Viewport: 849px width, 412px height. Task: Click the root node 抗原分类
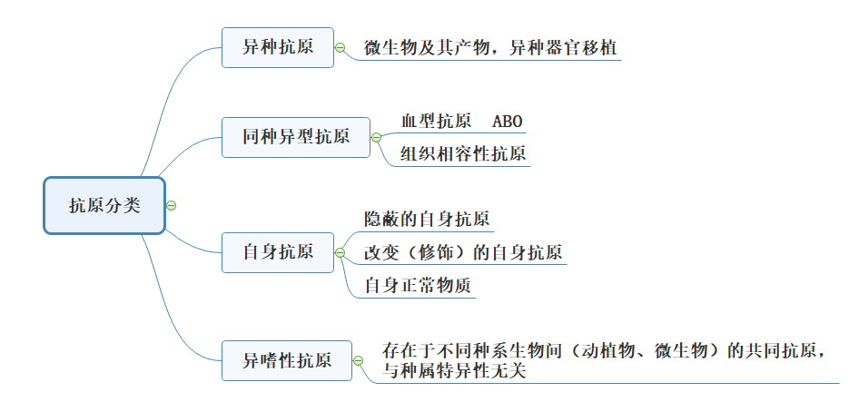(x=104, y=206)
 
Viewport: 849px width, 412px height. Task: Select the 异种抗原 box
(x=278, y=47)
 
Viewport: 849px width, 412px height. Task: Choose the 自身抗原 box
(x=278, y=251)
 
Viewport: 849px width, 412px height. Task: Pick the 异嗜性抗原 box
(x=286, y=360)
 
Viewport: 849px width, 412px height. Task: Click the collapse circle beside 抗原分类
(x=172, y=205)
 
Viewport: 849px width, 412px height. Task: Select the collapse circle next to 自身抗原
(x=340, y=251)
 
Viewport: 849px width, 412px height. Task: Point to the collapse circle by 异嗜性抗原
(x=358, y=360)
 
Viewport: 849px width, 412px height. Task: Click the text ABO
(x=508, y=122)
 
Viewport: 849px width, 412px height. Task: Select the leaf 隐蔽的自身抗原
(x=427, y=219)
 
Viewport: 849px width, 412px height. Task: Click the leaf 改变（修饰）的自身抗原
(x=463, y=251)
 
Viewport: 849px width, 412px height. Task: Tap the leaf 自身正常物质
(x=418, y=285)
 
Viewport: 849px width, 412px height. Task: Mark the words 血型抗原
(x=436, y=122)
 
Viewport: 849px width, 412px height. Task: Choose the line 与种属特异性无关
(x=454, y=370)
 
